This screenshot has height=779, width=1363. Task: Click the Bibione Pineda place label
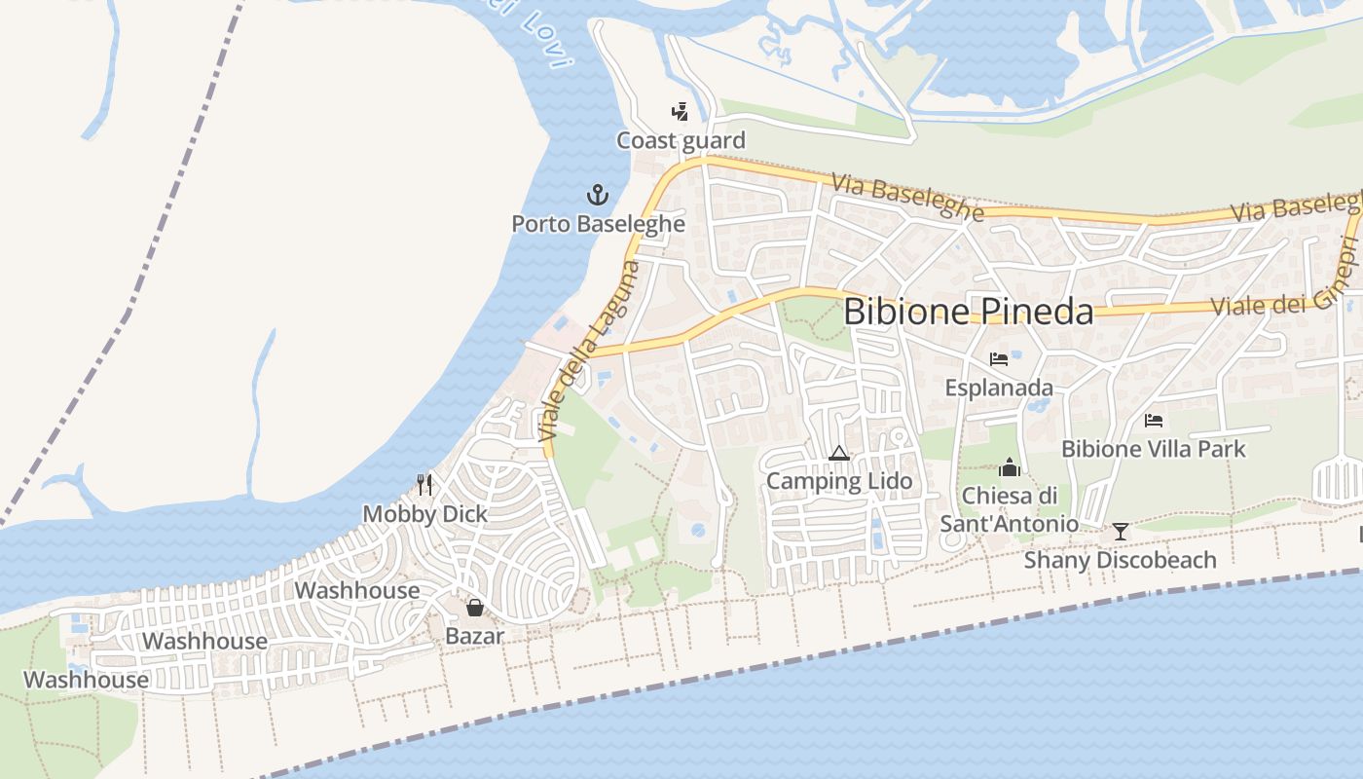point(969,312)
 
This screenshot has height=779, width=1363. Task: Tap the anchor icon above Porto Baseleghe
point(597,195)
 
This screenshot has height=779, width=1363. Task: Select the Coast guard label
point(681,141)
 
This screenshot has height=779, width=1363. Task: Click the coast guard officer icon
point(680,111)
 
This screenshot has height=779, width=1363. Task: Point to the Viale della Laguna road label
point(590,352)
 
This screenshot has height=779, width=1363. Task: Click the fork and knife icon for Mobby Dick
point(424,484)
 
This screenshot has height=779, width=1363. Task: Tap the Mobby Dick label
point(425,514)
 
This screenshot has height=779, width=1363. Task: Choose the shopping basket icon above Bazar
point(474,608)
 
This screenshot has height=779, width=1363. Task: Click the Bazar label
point(474,637)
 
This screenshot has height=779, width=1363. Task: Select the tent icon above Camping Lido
point(838,453)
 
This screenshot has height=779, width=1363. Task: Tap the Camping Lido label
point(839,481)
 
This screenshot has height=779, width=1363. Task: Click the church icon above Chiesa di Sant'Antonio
point(1010,467)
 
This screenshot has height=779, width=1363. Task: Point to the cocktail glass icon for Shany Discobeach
point(1121,532)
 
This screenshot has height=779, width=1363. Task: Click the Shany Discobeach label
point(1120,561)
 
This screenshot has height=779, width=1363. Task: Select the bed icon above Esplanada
point(998,359)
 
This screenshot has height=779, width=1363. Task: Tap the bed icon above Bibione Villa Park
point(1154,421)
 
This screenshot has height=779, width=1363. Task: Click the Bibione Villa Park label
point(1153,449)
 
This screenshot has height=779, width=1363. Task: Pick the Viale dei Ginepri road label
point(1285,292)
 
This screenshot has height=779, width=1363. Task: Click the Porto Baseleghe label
point(598,224)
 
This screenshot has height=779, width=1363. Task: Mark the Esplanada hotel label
point(998,389)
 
